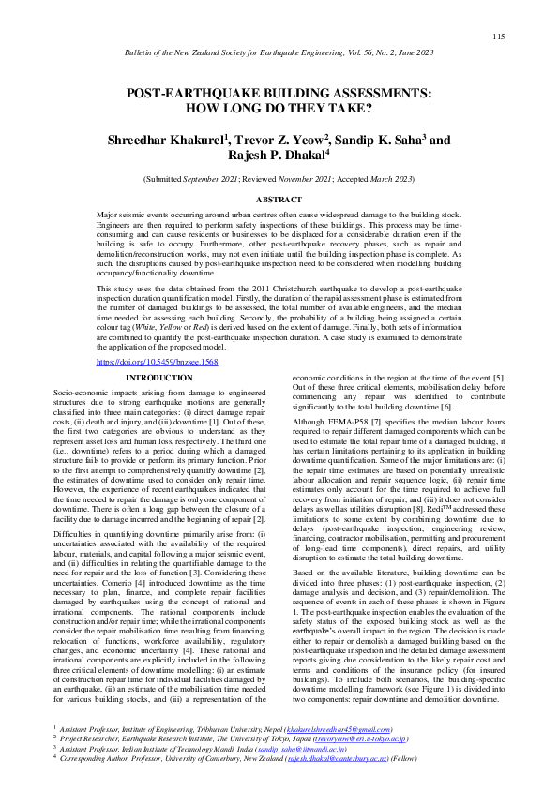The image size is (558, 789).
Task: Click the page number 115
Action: tap(498, 37)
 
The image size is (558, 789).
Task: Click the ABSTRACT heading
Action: tap(279, 200)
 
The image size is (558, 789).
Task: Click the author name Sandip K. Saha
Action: tap(380, 140)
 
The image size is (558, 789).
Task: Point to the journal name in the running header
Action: tap(279, 56)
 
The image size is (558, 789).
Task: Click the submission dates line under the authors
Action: tap(279, 178)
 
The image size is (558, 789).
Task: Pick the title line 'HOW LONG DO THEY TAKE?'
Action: tap(279, 108)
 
